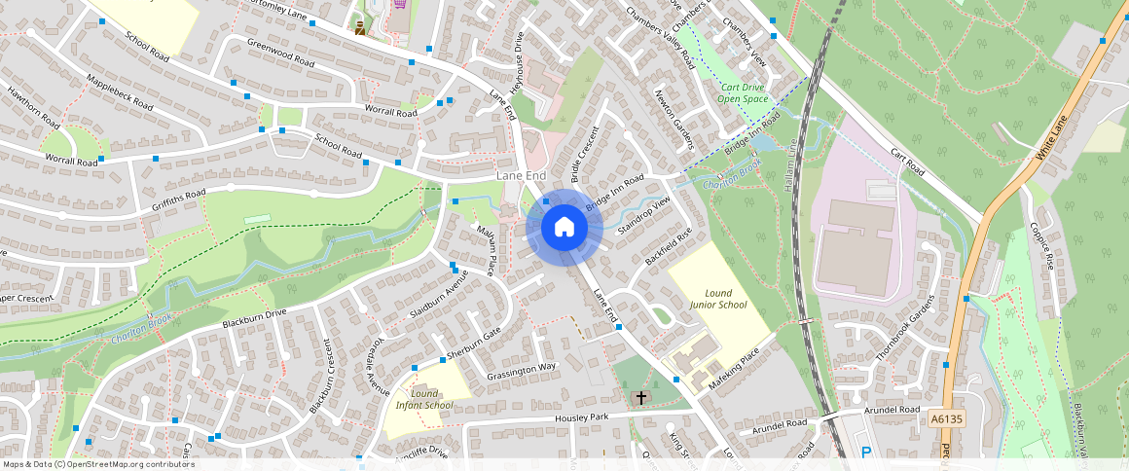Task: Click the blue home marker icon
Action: coord(564,228)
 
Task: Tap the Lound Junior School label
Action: coord(718,299)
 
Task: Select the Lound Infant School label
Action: coord(424,399)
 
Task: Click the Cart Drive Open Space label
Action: coord(742,92)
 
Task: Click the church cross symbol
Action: coord(640,397)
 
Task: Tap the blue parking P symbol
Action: coord(867,452)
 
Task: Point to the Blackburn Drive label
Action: coord(254,316)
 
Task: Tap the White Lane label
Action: coord(1052,137)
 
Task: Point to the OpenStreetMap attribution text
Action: coord(97,464)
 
